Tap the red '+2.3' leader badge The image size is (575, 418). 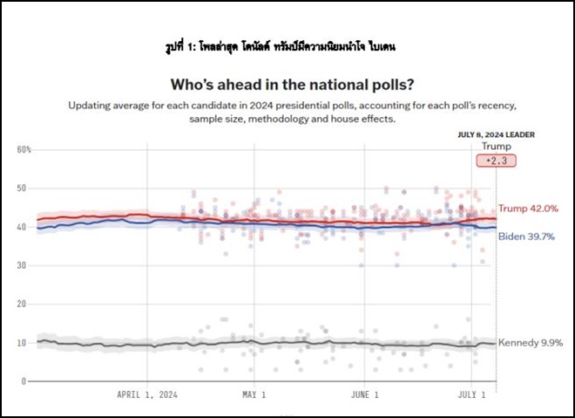point(497,161)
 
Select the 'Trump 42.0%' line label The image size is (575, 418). point(528,209)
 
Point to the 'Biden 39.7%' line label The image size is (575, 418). point(527,236)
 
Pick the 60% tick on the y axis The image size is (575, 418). point(24,150)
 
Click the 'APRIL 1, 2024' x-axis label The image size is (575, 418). point(146,395)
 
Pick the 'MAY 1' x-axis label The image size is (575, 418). point(254,395)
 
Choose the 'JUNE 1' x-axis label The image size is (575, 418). point(365,395)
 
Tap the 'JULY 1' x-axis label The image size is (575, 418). point(472,395)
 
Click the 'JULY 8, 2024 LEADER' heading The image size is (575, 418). point(496,135)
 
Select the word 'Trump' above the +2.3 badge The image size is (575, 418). point(497,147)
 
